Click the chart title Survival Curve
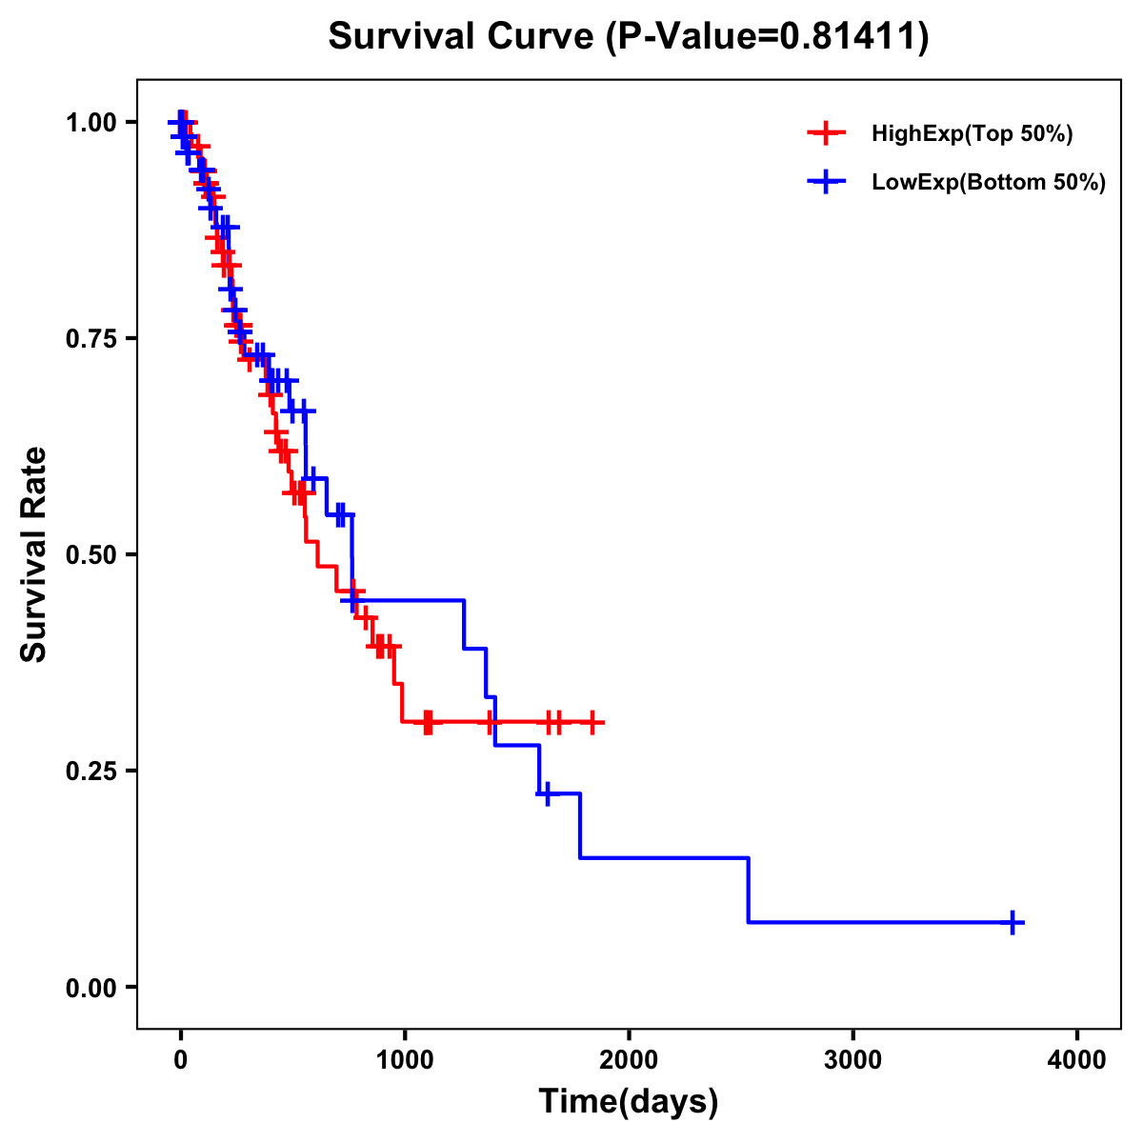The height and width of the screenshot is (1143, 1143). tap(462, 37)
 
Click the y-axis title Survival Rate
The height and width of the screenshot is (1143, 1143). tap(34, 554)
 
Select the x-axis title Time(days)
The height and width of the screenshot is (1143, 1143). tap(629, 1101)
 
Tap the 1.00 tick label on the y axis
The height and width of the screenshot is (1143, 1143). tap(90, 122)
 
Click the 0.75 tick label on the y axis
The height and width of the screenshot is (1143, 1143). tap(90, 338)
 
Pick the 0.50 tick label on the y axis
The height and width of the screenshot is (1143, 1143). tap(90, 554)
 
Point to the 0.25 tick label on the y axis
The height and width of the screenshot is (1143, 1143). tap(90, 771)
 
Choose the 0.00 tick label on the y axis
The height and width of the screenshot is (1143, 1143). tap(90, 987)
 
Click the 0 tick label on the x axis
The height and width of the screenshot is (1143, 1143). tap(180, 1060)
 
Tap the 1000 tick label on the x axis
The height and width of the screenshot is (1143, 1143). tap(405, 1060)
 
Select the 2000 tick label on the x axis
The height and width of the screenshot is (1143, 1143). tap(629, 1060)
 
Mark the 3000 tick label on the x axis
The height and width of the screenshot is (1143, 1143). tap(852, 1060)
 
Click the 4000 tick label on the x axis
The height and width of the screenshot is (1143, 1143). tap(1077, 1060)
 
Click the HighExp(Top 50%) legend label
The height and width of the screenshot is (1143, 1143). tap(973, 134)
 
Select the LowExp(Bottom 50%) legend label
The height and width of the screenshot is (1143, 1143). tap(989, 183)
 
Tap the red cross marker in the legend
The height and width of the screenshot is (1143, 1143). tap(826, 133)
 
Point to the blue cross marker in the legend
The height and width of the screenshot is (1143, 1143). tap(826, 182)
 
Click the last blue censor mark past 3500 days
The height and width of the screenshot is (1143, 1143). tap(1013, 922)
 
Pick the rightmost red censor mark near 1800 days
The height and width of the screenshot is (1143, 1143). tap(592, 722)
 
